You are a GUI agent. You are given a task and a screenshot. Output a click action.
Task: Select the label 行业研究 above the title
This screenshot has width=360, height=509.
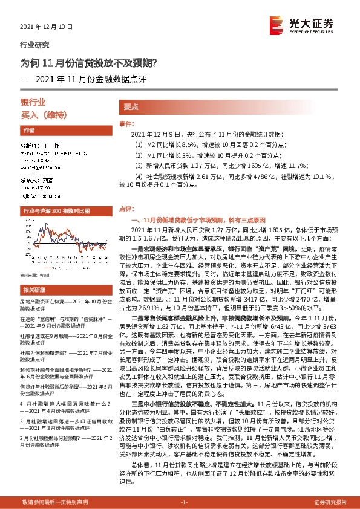(35, 45)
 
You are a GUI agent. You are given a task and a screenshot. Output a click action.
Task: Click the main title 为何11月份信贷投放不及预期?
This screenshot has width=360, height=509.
(89, 62)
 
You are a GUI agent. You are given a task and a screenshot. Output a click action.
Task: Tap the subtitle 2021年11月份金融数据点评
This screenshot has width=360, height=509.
(88, 79)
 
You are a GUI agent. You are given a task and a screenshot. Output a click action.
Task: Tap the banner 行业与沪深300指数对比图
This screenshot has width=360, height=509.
(56, 210)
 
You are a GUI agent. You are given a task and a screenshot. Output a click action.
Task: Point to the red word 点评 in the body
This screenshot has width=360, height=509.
(125, 207)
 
